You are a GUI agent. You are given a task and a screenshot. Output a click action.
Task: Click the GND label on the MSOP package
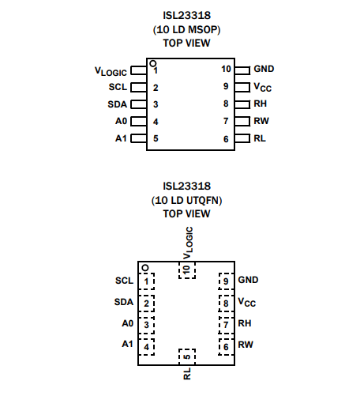264,69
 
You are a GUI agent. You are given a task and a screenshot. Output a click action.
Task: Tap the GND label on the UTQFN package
248,280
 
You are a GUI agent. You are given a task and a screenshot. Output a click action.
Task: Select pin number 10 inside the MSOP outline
226,69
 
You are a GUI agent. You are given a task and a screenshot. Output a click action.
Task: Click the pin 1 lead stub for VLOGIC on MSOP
139,70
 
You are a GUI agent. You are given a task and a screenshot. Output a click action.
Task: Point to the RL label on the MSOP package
260,138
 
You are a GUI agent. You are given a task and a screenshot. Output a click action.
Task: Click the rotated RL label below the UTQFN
187,374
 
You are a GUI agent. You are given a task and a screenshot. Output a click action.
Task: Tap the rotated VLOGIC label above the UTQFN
188,243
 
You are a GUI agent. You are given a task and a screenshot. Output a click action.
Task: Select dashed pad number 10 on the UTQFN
187,270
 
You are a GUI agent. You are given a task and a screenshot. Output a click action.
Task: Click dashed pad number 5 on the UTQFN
187,356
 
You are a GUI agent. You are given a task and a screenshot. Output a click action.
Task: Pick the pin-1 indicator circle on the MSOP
152,63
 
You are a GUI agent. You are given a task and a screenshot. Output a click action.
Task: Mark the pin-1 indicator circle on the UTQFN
145,268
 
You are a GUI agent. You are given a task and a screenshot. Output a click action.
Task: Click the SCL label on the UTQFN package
124,281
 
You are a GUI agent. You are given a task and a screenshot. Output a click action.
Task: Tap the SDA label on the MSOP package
118,104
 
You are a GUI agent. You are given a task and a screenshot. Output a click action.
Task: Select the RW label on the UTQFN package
246,345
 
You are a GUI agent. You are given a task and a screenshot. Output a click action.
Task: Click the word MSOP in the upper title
203,29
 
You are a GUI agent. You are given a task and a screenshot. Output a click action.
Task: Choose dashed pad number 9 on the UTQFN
226,281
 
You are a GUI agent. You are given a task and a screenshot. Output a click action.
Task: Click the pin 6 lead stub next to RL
242,138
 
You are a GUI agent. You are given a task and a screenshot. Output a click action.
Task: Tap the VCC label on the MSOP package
262,87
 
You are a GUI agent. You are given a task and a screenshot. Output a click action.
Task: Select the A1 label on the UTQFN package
128,344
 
